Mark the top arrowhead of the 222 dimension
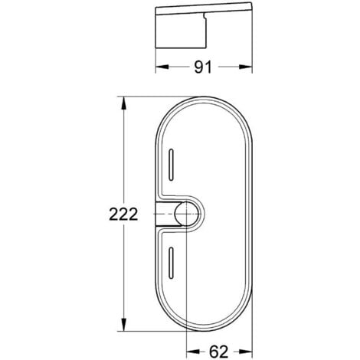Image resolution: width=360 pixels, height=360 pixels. pos(123,101)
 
